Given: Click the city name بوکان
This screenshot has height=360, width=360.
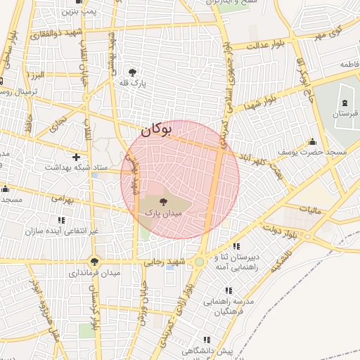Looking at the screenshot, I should (x=156, y=129).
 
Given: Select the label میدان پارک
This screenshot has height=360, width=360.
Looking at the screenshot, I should (x=163, y=212).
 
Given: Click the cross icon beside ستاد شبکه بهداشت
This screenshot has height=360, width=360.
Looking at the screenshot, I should (x=76, y=156).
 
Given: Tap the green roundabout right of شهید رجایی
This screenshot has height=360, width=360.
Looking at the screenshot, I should (x=200, y=262).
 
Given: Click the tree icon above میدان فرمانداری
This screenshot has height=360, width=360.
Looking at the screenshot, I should (x=94, y=262).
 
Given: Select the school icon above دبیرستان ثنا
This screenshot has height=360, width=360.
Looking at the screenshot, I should (x=237, y=247).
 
